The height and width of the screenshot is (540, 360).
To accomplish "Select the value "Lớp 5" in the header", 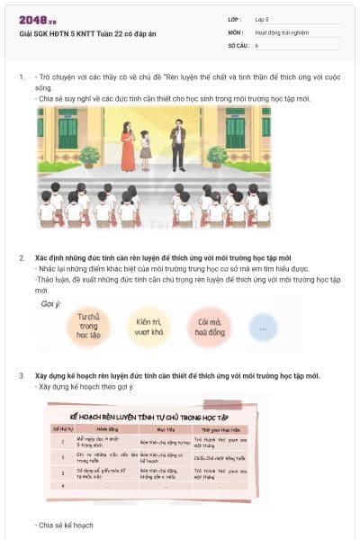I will click(x=262, y=19).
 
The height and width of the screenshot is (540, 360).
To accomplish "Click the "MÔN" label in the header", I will click(x=235, y=31).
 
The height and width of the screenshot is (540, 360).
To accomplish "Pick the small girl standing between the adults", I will click(x=146, y=149).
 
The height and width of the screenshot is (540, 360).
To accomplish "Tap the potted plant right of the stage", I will click(x=217, y=156).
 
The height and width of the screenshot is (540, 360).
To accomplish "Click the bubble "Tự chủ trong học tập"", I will click(x=88, y=326).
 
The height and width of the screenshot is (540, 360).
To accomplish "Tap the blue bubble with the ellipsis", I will click(x=263, y=327).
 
